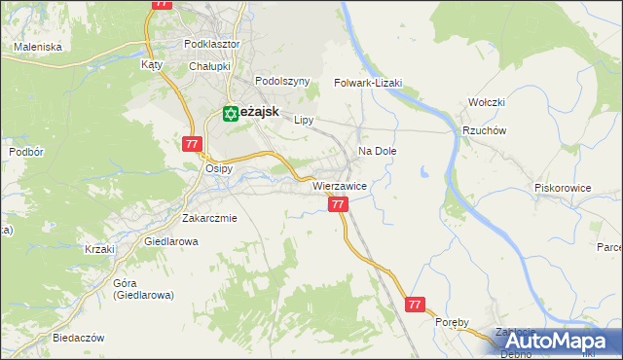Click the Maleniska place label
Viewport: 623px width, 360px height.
36,46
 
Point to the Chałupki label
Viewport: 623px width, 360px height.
208,66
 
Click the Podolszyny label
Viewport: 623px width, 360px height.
281,82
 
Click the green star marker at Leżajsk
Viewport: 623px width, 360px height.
231,113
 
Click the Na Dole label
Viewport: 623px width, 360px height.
378,152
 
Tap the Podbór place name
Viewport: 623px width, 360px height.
25,153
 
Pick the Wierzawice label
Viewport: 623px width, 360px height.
339,186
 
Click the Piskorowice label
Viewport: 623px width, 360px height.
564,187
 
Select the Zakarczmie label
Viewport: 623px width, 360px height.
209,218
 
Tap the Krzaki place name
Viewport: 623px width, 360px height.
99,249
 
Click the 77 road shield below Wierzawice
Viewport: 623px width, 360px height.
338,204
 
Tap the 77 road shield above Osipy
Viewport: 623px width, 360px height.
191,144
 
